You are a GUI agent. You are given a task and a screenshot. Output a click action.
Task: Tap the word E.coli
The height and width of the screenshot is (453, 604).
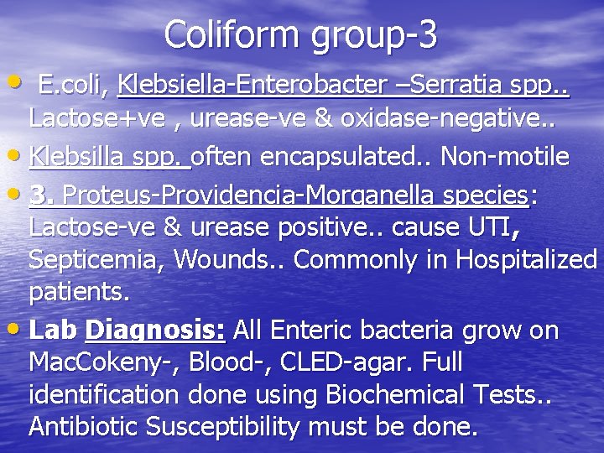coord(74,85)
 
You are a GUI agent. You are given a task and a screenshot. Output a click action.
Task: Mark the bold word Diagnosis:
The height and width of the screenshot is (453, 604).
coord(156,331)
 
